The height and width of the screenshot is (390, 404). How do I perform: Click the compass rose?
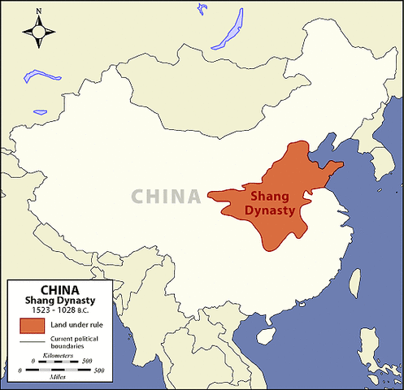tap(38, 31)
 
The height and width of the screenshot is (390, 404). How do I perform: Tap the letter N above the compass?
tap(38, 11)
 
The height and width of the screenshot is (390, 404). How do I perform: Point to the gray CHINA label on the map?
tap(166, 197)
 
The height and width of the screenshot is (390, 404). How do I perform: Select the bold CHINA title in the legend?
tap(59, 288)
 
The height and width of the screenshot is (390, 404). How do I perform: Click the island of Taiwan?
tap(355, 284)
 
